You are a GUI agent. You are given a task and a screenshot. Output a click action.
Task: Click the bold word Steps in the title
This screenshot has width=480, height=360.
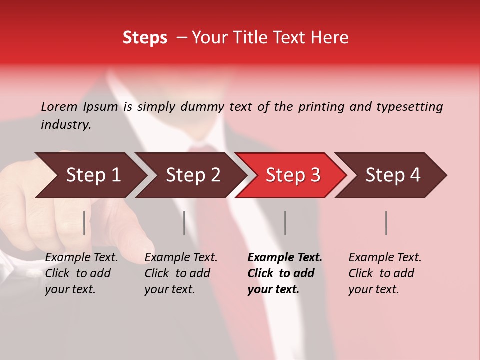point(145,38)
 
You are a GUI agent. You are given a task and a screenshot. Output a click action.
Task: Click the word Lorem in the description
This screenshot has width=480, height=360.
point(59,106)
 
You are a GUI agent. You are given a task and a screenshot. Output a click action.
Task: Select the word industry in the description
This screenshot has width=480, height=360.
point(66,125)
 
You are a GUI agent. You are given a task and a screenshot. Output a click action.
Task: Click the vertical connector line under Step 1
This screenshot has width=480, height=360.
point(84,223)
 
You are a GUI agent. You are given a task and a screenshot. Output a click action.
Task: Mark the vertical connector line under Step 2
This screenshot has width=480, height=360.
point(184,223)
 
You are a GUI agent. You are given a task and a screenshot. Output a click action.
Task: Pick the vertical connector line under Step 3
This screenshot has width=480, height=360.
point(285,223)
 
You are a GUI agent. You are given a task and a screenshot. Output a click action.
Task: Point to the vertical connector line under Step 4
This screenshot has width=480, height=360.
point(386,223)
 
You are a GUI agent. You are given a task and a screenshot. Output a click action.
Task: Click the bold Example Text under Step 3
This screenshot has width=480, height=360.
point(285,258)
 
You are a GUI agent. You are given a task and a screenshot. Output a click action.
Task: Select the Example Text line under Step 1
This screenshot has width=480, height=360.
point(82,258)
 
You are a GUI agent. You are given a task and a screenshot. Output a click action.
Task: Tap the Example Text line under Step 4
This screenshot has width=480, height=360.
point(385,258)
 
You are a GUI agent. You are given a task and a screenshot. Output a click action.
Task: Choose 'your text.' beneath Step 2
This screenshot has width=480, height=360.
point(170,289)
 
